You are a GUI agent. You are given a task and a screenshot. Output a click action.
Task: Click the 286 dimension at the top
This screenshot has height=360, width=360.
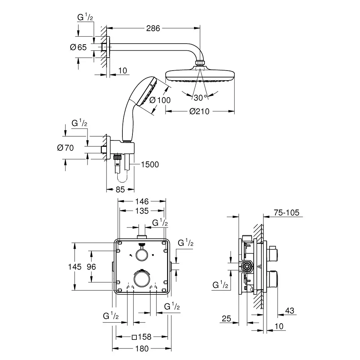pos(153,28)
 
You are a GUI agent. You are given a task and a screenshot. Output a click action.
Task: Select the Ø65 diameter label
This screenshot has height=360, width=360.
pos(78,47)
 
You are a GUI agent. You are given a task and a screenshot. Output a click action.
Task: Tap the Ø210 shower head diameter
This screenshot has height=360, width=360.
pos(199,112)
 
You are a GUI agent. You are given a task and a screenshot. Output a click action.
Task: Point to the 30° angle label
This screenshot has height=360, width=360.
pos(200,98)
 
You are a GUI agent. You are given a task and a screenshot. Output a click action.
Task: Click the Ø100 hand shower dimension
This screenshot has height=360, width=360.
pos(160,100)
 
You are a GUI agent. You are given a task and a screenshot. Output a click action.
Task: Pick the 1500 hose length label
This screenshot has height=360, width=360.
pos(150,165)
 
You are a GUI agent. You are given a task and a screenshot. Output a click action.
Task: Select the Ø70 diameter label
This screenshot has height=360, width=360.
pos(66,148)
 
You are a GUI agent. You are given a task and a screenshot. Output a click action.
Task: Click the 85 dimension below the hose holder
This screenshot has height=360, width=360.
pos(120,190)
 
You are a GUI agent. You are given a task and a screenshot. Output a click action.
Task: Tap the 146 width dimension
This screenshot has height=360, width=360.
pos(142,202)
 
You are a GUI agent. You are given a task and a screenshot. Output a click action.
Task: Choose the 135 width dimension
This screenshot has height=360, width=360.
pos(142,211)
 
